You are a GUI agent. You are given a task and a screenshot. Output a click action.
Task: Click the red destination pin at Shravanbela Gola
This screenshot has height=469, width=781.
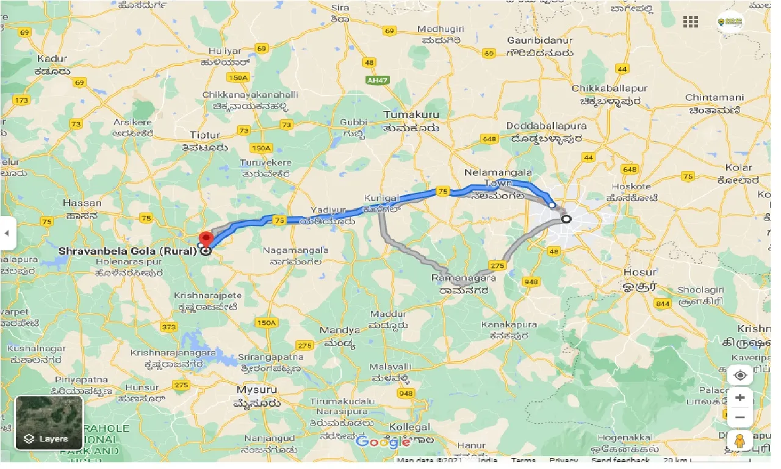click(x=206, y=238)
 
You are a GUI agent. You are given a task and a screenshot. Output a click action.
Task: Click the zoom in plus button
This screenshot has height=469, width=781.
click(x=740, y=398)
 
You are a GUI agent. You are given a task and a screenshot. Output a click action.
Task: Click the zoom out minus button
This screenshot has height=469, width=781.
click(x=740, y=418)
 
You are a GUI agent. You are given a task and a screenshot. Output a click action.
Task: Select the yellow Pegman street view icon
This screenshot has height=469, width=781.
click(x=740, y=441)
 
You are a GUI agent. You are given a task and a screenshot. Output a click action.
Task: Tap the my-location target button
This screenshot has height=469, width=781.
click(x=740, y=375)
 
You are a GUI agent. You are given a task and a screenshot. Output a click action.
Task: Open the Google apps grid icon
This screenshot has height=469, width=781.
click(x=691, y=22)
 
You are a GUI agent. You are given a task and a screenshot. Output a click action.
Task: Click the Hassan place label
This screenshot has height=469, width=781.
click(x=82, y=203)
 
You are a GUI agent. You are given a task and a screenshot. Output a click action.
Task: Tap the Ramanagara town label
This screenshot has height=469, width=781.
click(x=468, y=277)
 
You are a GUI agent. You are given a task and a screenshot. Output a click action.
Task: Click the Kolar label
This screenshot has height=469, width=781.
click(x=738, y=167)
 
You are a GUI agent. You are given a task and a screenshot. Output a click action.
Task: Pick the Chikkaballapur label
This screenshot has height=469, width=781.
click(x=610, y=89)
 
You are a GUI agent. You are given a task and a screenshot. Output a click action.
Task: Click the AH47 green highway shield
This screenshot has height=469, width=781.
click(x=376, y=80)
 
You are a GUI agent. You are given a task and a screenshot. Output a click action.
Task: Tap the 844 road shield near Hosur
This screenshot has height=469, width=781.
click(x=661, y=304)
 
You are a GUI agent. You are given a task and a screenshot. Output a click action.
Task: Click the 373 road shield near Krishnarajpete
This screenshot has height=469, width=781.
click(x=169, y=327)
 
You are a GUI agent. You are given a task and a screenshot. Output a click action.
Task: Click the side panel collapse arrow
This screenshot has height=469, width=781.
click(x=7, y=233)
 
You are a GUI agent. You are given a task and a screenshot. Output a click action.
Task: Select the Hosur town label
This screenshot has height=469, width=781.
click(x=640, y=272)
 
